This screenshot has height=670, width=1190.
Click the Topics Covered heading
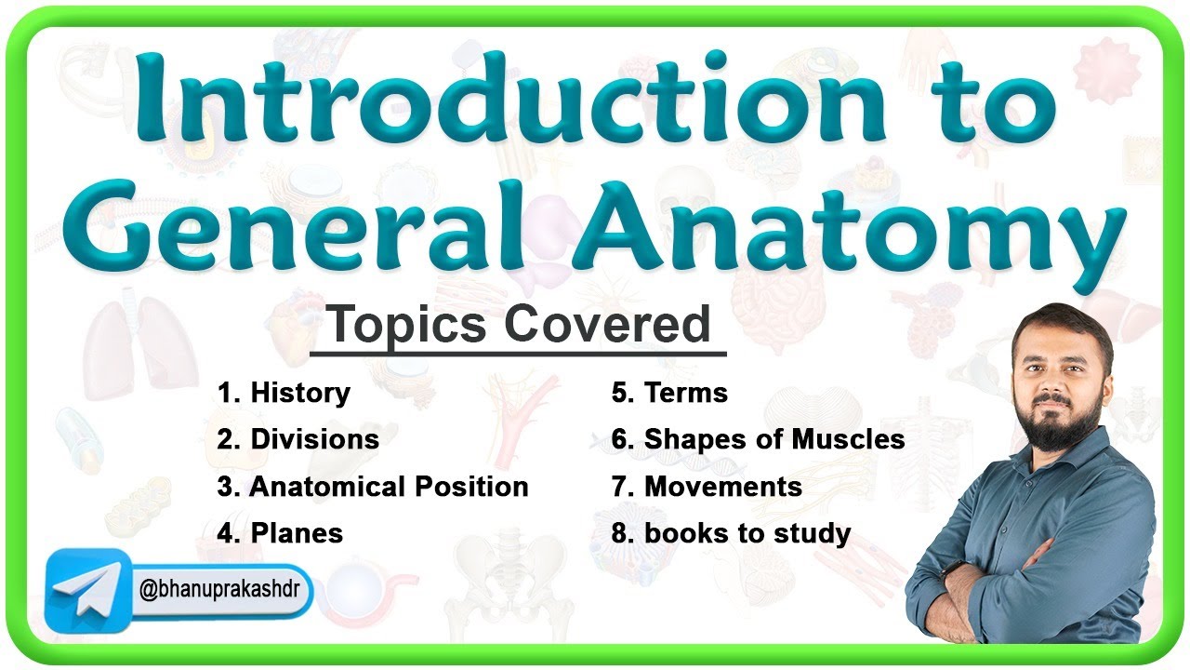coord(518,325)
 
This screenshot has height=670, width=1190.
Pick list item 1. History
coord(284,393)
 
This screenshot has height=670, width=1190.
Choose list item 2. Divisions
coord(297,439)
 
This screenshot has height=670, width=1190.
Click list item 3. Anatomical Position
coord(373,487)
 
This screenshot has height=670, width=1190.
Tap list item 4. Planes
coord(280,533)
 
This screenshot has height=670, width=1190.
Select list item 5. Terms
coord(669,393)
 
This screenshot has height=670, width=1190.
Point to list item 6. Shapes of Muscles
coord(758,439)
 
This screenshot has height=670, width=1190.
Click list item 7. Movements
coord(707,487)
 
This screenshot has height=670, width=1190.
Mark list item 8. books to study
coord(731,533)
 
